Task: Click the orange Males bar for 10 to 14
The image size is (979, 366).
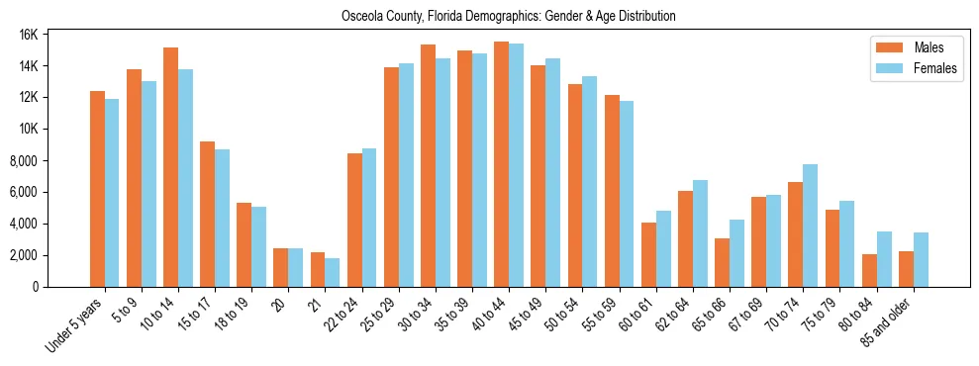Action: point(170,167)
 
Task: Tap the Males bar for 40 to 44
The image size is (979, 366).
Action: point(501,164)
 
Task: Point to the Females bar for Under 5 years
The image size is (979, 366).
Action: point(112,193)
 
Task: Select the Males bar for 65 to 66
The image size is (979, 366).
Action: point(722,262)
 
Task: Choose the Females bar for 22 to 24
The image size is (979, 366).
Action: point(369,218)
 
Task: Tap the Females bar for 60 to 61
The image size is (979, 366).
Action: point(663,248)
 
